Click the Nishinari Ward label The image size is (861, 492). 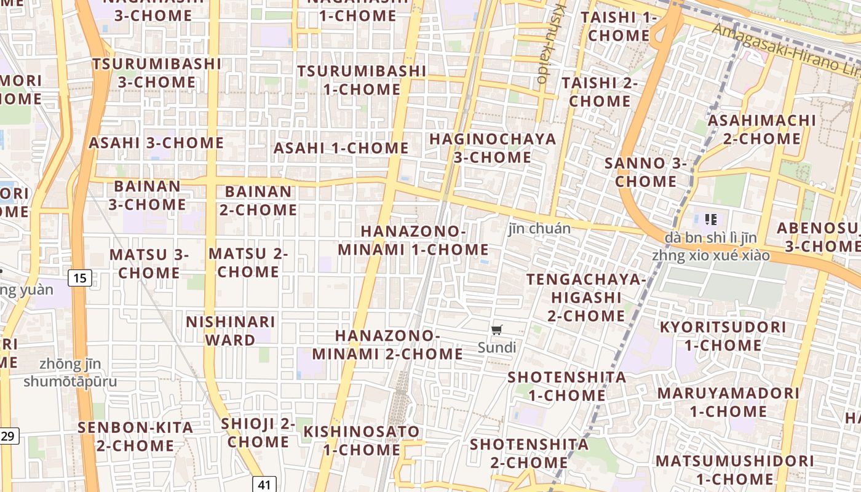click(230, 331)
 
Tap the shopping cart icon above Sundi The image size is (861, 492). click(497, 330)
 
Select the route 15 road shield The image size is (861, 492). click(80, 278)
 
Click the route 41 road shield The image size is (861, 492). click(264, 485)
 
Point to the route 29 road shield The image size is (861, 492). click(8, 436)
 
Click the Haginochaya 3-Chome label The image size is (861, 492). click(493, 148)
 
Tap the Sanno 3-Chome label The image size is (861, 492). click(645, 172)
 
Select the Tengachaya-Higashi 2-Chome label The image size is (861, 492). click(586, 298)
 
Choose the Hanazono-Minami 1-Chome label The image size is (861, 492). click(413, 240)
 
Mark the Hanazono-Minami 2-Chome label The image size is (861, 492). click(387, 344)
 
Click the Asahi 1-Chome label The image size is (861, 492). click(341, 148)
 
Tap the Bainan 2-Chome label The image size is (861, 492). click(258, 200)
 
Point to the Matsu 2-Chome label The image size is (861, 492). click(248, 263)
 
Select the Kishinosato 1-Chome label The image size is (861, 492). click(362, 440)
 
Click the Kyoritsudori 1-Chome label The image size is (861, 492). click(723, 336)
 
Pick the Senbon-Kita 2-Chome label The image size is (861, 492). click(135, 436)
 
